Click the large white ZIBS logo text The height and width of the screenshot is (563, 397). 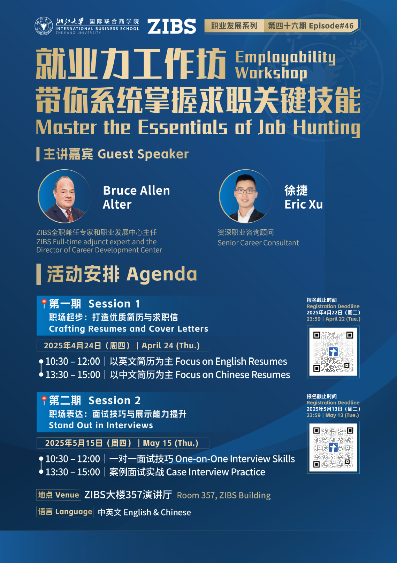171,26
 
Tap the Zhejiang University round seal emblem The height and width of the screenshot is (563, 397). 44,26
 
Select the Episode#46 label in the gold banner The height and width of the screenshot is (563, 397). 331,26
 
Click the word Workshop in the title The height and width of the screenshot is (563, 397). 271,73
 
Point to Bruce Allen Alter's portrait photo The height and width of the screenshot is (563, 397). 64,196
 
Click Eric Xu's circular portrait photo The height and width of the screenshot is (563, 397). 245,196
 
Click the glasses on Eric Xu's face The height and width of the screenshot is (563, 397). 245,191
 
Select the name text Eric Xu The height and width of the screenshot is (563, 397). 304,204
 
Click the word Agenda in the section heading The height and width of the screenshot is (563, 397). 162,274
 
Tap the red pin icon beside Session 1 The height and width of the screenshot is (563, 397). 44,303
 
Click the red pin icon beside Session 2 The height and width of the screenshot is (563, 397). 44,400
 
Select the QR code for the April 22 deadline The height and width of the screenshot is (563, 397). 333,351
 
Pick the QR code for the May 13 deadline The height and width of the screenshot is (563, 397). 333,447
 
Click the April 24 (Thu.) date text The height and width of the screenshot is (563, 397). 171,346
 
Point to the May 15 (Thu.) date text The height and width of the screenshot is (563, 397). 171,443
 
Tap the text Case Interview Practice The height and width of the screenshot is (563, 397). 215,472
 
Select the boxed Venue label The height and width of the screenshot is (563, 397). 59,495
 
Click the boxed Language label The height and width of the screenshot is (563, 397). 65,511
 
